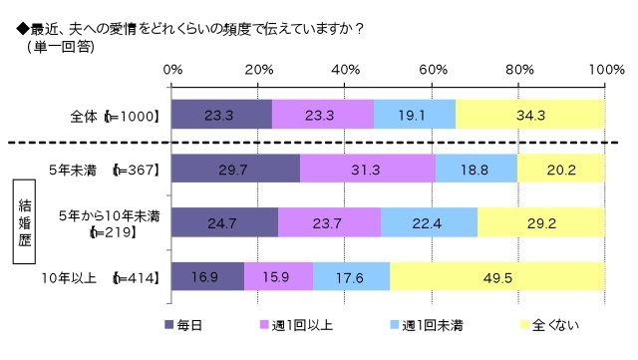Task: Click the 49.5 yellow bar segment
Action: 496,277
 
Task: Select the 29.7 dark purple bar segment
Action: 235,170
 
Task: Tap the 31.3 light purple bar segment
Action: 367,170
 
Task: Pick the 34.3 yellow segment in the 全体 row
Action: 530,116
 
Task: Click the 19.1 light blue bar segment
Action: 415,116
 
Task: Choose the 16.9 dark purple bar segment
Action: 208,277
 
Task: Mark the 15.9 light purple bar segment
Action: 278,277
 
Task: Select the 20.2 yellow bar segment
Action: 561,170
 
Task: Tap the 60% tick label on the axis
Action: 433,69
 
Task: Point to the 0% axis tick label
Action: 172,69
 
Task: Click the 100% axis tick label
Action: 605,69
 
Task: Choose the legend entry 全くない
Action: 548,325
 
